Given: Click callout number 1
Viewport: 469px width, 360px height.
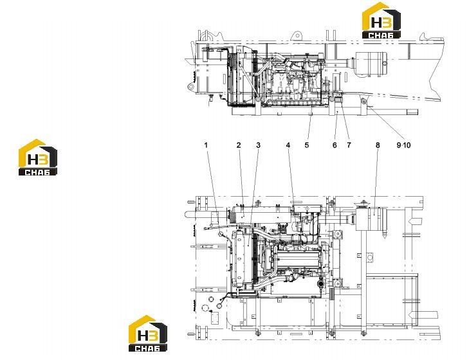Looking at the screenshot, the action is [x=206, y=145].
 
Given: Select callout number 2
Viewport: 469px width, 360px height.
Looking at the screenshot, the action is [x=239, y=145].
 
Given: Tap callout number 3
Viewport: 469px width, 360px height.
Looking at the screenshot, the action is [x=258, y=145].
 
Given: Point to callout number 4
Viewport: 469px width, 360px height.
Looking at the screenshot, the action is [x=288, y=145].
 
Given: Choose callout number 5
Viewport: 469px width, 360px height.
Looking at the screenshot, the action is [x=307, y=145].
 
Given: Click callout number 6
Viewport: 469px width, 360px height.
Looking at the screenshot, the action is [x=335, y=145].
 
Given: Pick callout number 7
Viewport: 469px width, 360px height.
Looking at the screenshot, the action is [x=349, y=145].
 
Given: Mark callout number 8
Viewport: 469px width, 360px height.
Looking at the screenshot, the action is [x=378, y=145].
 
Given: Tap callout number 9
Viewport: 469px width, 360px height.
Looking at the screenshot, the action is [x=399, y=145].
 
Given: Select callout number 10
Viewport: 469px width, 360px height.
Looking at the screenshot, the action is [x=407, y=145].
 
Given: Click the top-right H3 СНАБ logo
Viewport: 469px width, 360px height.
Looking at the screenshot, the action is [x=382, y=21].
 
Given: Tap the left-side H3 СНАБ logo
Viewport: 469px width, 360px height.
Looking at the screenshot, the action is [x=38, y=157].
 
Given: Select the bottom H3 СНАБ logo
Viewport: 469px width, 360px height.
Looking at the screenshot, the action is [x=148, y=334].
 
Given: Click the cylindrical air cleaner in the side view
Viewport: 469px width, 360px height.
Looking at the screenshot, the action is [x=371, y=64].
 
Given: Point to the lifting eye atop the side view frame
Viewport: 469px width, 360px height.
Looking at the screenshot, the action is [x=297, y=35].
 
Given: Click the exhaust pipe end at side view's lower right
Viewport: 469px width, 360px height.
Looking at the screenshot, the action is [x=412, y=112].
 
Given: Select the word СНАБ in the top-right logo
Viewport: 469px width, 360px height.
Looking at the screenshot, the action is [x=381, y=35].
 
